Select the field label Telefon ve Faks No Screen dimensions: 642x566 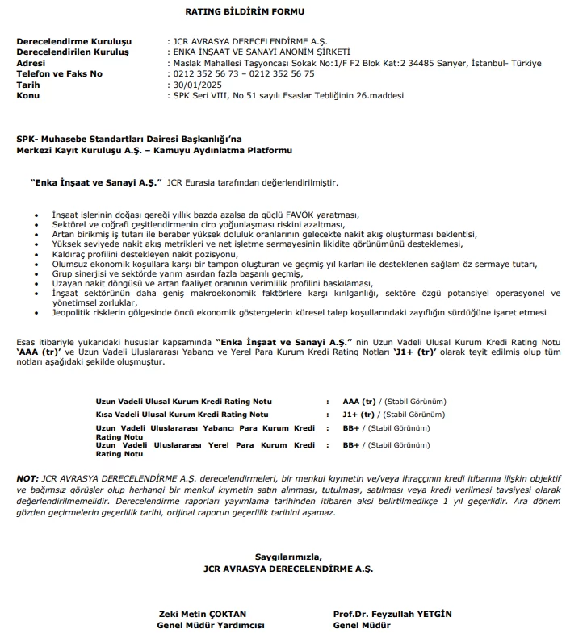pyautogui.click(x=59, y=73)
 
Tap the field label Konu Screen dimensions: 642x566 pyautogui.click(x=27, y=94)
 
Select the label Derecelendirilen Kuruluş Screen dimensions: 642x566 pyautogui.click(x=73, y=52)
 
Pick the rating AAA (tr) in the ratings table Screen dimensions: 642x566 pyautogui.click(x=359, y=401)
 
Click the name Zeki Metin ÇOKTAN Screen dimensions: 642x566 pyautogui.click(x=201, y=614)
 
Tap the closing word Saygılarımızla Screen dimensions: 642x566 pyautogui.click(x=288, y=557)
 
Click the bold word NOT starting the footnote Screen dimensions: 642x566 pyautogui.click(x=27, y=479)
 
